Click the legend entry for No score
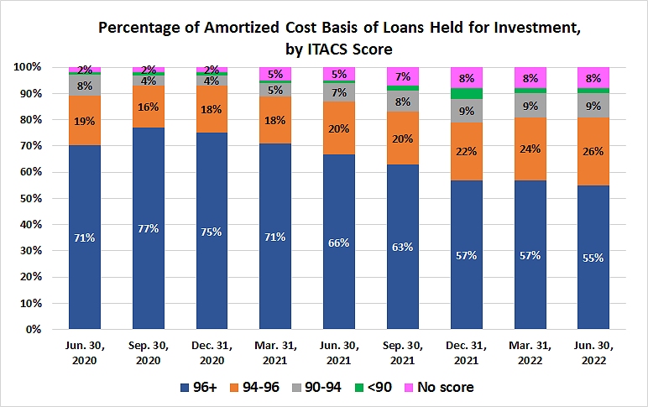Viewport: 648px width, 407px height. [444, 387]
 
